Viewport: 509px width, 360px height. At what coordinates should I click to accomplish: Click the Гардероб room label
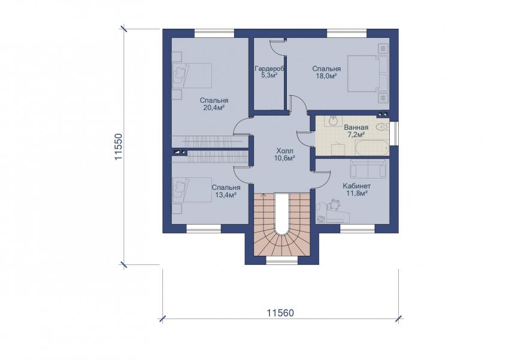[x=269, y=69]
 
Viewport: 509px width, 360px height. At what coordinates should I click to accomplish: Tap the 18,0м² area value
[x=326, y=76]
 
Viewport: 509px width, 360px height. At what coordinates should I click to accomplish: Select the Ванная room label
[x=356, y=128]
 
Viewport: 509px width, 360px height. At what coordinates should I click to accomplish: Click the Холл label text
[x=284, y=151]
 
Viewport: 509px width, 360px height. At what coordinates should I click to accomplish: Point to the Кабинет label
[x=357, y=186]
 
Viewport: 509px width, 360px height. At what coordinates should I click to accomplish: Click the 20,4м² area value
[x=214, y=108]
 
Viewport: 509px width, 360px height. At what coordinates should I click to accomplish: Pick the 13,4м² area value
[x=225, y=195]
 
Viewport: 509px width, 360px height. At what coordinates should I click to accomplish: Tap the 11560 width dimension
[x=280, y=313]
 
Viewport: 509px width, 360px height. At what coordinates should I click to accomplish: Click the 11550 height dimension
[x=119, y=146]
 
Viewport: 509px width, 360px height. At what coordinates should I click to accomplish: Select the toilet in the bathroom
[x=383, y=127]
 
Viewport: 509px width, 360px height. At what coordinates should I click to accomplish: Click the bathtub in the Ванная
[x=372, y=148]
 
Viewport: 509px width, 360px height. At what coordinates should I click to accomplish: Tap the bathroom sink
[x=333, y=121]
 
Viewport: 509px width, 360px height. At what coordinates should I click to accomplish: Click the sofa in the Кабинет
[x=368, y=168]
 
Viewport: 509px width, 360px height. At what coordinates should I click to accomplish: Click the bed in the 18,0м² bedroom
[x=368, y=73]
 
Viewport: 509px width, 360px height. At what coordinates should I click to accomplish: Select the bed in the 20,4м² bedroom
[x=192, y=75]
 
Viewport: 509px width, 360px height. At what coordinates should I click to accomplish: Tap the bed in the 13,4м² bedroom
[x=192, y=190]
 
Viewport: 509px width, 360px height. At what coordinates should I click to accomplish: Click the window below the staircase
[x=282, y=261]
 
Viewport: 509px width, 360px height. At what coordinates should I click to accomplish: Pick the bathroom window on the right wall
[x=395, y=134]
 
